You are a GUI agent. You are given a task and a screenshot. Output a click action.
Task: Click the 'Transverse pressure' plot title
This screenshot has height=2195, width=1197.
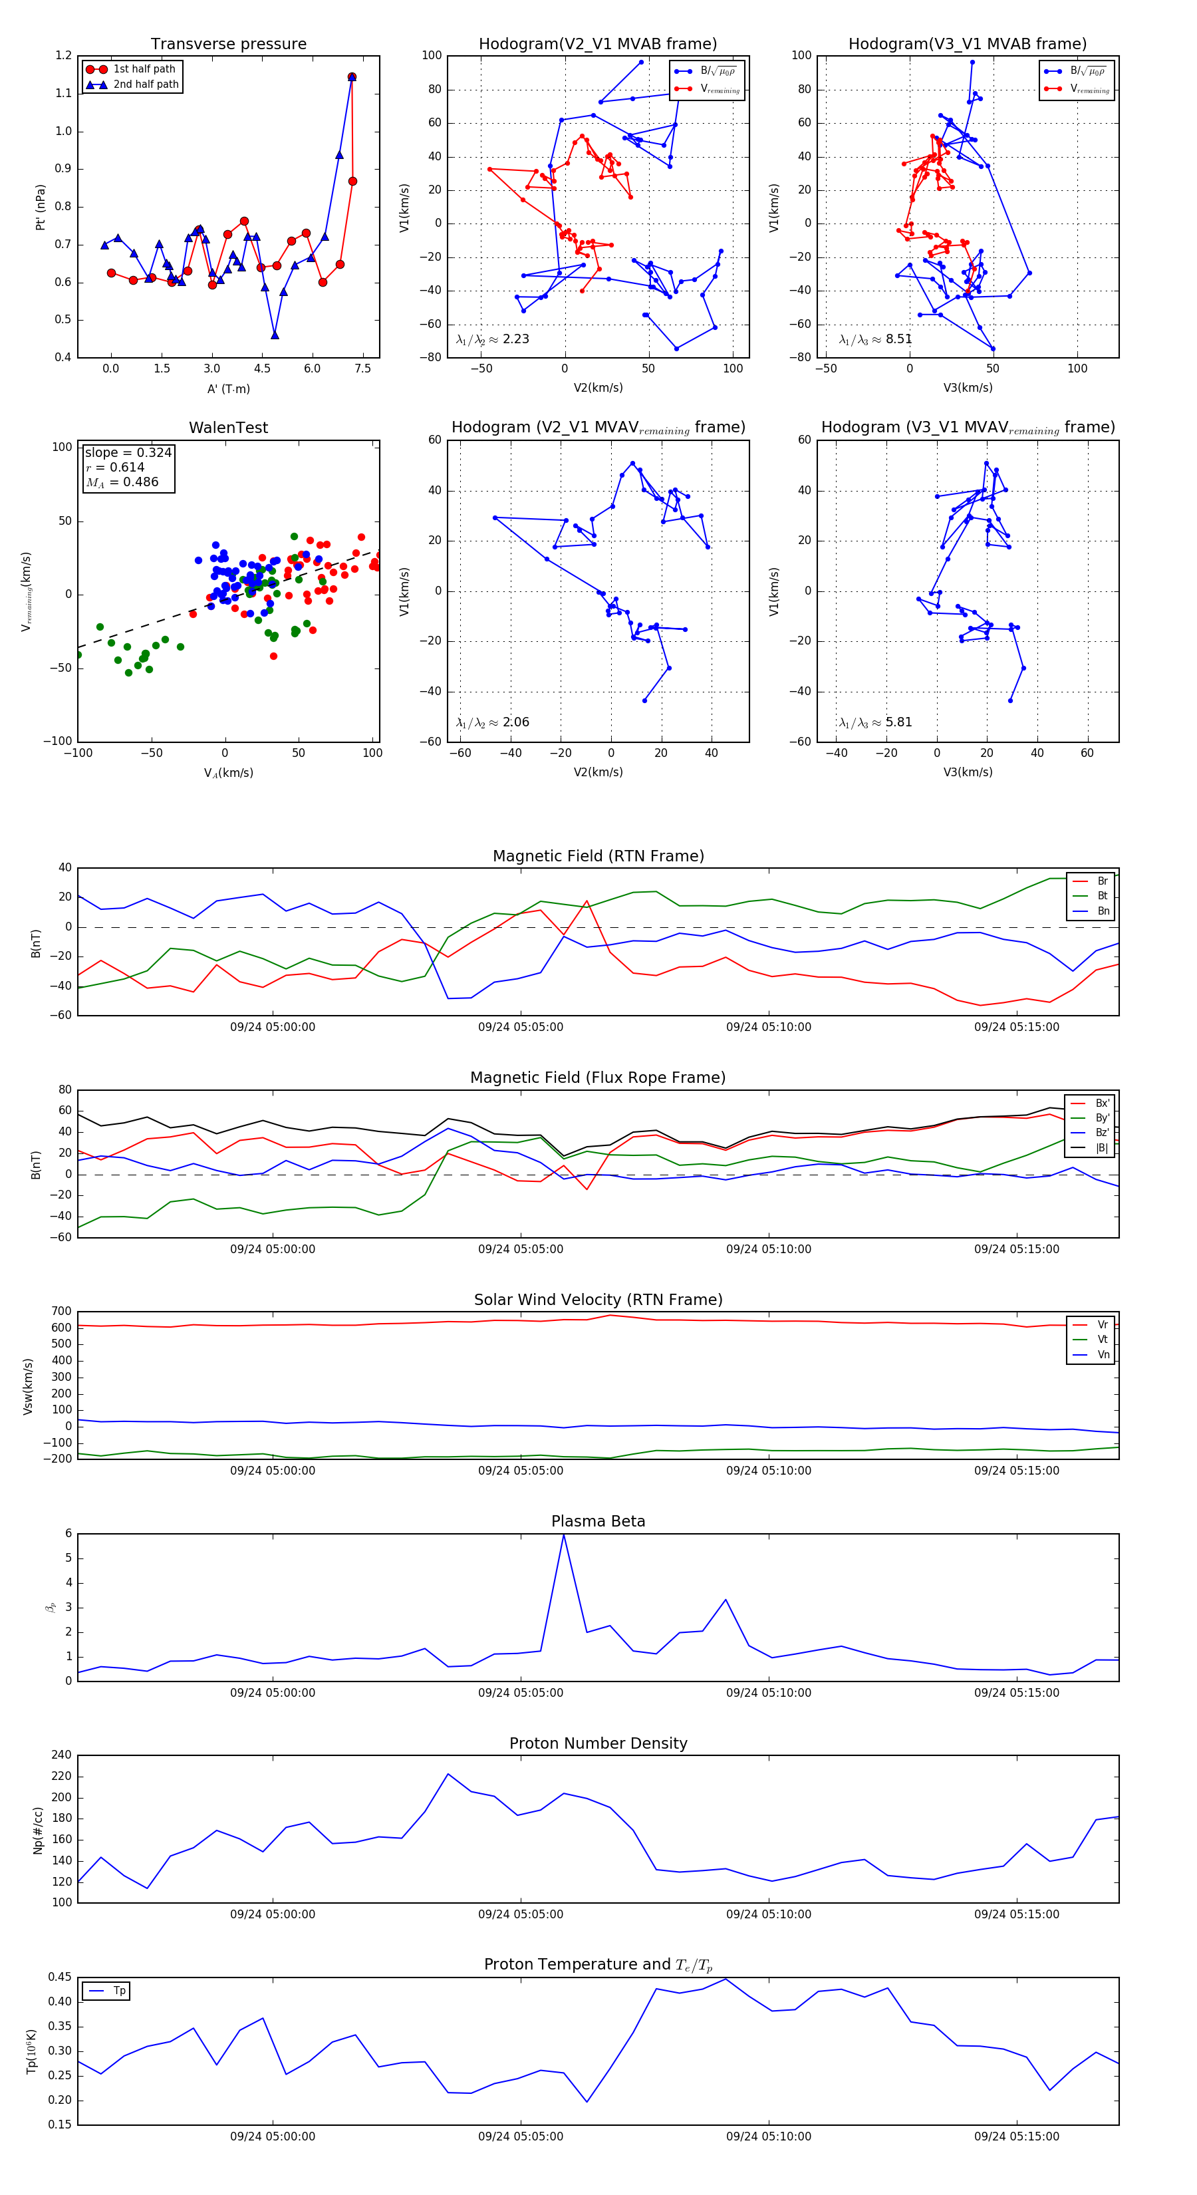228,45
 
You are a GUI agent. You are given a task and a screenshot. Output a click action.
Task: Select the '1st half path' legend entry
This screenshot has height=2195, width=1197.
144,69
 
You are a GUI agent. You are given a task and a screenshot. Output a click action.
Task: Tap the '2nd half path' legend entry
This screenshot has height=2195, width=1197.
146,84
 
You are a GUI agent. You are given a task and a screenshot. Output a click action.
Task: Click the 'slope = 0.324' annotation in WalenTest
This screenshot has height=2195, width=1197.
128,452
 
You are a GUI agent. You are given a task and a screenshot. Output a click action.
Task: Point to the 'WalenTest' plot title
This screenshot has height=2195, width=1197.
228,428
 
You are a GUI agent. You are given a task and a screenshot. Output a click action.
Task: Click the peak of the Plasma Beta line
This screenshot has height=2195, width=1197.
563,1535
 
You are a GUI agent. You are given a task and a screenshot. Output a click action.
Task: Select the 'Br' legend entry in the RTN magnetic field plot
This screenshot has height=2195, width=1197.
1102,881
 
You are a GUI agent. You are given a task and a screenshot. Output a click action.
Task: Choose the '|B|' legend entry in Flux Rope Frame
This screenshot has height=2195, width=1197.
1102,1148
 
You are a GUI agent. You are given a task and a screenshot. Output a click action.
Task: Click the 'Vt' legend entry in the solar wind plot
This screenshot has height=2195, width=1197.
1102,1340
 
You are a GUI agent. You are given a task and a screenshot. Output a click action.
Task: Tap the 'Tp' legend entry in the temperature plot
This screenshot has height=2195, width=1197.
119,1991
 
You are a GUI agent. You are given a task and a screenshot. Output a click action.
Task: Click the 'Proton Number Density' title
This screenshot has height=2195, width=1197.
598,1743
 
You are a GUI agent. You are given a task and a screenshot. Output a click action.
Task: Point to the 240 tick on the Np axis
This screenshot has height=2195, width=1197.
61,1755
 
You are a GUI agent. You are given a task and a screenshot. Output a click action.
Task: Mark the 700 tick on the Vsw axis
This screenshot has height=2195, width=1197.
61,1312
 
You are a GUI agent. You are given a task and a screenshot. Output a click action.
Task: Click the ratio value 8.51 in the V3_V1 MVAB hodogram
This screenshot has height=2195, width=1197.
898,339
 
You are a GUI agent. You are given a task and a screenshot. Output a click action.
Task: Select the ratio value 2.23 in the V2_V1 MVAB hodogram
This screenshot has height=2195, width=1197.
515,339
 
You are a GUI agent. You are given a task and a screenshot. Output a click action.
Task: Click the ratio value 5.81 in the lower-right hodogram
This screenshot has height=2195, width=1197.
898,722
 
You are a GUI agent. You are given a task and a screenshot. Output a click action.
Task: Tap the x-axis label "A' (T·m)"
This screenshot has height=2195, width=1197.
228,388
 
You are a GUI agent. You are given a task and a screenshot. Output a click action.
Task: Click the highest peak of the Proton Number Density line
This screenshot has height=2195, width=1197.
448,1774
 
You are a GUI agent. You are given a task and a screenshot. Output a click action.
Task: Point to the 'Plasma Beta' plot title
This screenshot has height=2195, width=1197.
598,1521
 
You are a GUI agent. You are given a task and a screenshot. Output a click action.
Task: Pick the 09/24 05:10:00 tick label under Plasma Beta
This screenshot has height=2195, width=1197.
769,1692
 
